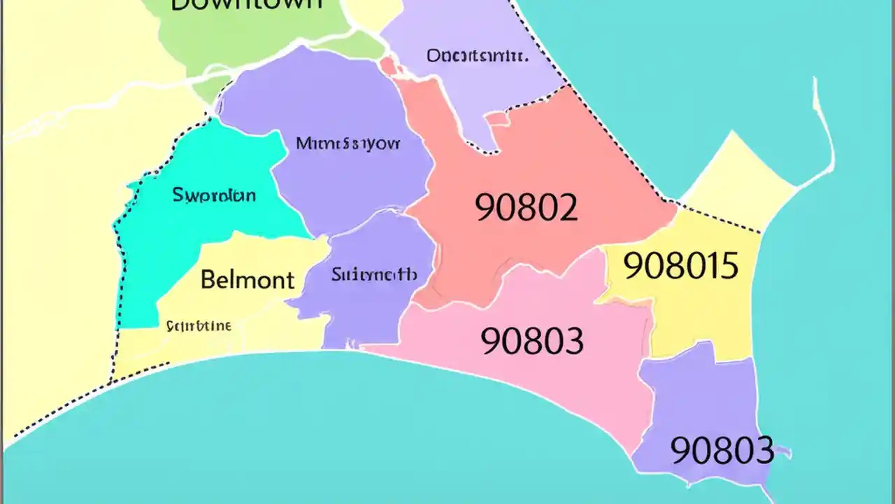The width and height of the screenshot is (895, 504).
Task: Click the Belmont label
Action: click(x=247, y=280)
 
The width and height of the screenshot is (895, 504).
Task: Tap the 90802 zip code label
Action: click(x=527, y=207)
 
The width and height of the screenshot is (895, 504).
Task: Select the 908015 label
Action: click(x=680, y=266)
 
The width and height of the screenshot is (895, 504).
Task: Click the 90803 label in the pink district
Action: click(x=532, y=341)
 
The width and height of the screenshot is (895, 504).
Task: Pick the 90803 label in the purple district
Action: click(x=722, y=451)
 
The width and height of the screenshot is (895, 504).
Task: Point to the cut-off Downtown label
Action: click(x=247, y=4)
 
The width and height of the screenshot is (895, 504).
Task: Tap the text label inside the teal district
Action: click(x=213, y=195)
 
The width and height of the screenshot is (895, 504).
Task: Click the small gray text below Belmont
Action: click(x=199, y=325)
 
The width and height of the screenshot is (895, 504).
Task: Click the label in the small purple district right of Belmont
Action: click(x=374, y=274)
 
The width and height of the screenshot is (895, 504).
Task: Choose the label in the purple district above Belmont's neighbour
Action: click(x=348, y=144)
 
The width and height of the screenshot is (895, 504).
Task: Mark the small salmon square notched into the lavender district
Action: click(x=497, y=119)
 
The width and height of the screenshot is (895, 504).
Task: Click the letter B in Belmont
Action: click(x=208, y=280)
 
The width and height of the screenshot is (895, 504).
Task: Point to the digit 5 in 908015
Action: click(x=729, y=266)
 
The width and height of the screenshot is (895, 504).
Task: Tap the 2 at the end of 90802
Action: click(x=567, y=207)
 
